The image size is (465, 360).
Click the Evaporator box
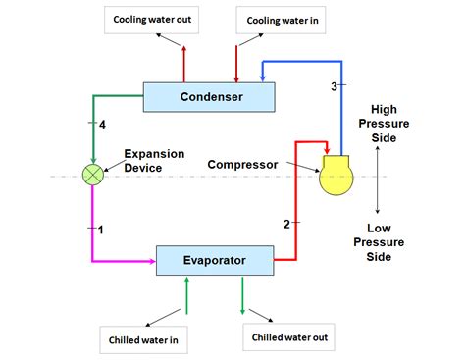214,261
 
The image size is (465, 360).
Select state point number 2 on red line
286,225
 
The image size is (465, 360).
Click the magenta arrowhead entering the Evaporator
152,261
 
